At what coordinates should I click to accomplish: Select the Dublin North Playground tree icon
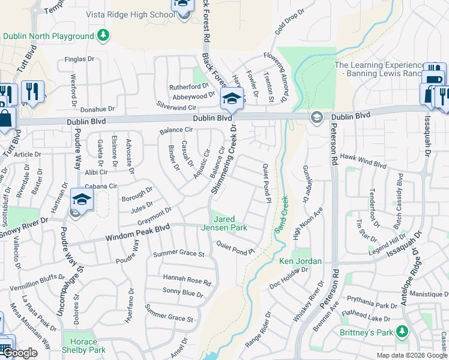[103, 35]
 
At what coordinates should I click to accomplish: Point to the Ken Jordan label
[301, 261]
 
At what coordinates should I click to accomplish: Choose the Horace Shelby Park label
[83, 346]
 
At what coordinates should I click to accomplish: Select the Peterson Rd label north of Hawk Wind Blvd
[334, 149]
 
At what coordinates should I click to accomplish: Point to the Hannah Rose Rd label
[187, 280]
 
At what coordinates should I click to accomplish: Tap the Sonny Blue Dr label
[183, 293]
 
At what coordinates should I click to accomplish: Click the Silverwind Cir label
[176, 106]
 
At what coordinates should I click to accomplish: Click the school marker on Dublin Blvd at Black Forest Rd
[231, 98]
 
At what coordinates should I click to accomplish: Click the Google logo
[19, 353]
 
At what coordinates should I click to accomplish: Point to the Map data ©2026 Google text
[412, 355]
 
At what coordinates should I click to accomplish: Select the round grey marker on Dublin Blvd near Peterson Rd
[316, 118]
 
